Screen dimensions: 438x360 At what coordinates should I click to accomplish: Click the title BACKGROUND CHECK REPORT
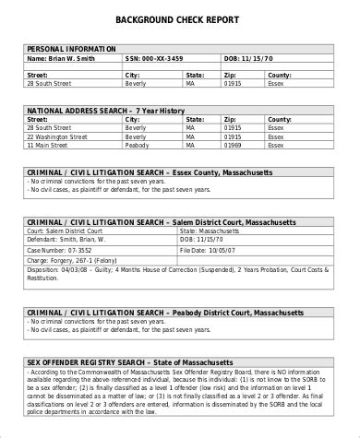179,18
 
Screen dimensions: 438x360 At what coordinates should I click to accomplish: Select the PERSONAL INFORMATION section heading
72,48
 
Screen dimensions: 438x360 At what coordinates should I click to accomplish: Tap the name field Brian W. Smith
61,57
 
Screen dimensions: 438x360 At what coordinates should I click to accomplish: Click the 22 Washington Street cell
59,136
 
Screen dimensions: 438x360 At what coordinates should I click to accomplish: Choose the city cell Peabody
138,146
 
